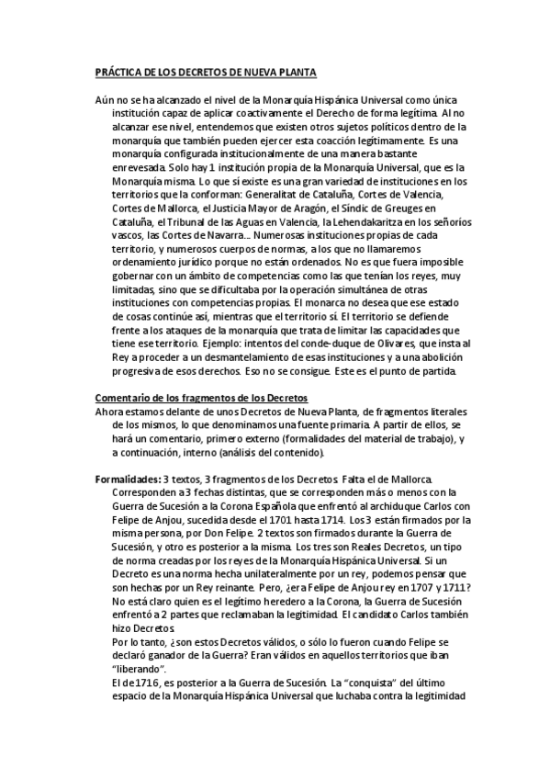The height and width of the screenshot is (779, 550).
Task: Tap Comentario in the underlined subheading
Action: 125,398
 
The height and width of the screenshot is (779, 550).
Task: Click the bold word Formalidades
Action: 127,479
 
